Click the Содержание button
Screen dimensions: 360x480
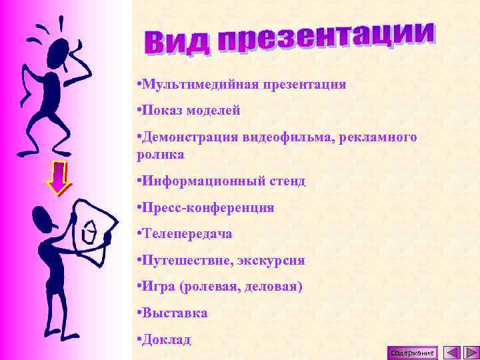coord(413,353)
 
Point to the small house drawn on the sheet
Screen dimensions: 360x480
coord(89,233)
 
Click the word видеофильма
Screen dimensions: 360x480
coord(293,137)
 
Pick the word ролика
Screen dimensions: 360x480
coord(160,154)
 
